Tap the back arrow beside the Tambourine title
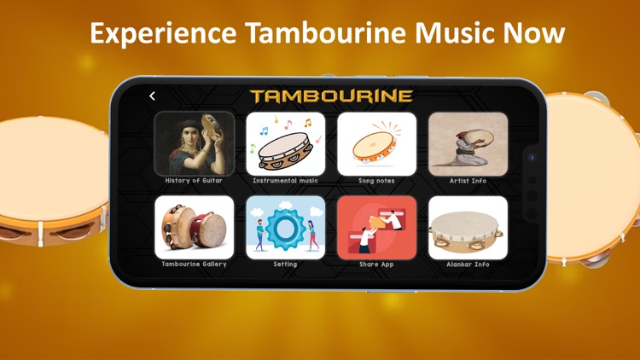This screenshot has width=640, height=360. click(152, 96)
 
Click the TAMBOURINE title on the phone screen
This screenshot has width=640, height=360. click(331, 96)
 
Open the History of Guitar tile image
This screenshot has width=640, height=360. click(195, 143)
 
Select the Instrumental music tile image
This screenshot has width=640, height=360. click(286, 143)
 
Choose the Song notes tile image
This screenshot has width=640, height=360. click(376, 143)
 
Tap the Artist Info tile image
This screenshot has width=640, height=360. click(468, 143)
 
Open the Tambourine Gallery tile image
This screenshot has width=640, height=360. click(195, 227)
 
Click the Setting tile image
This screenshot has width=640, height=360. click(286, 227)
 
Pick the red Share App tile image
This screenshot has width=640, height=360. click(376, 227)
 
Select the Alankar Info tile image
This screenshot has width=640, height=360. click(468, 227)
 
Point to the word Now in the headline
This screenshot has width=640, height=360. click(533, 33)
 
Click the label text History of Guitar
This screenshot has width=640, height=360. click(195, 181)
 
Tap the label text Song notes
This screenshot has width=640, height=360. click(376, 181)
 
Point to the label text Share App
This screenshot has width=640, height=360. click(376, 264)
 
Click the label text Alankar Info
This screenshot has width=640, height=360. click(468, 264)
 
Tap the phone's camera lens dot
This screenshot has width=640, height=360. click(532, 158)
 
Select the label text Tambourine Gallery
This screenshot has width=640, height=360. click(195, 264)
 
